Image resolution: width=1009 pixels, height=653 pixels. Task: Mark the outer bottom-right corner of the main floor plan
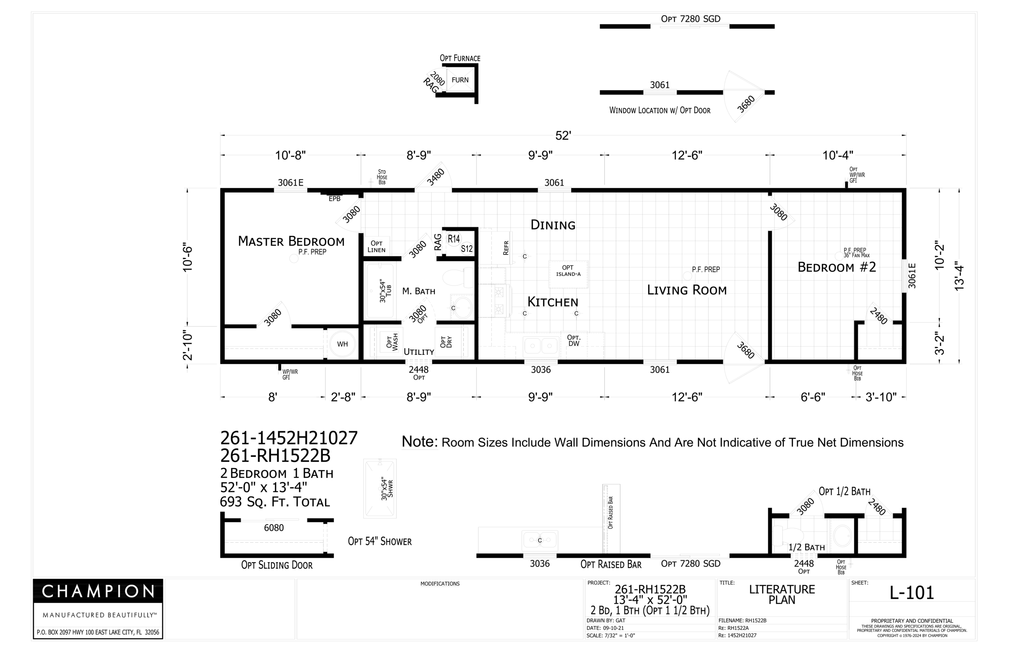pyautogui.click(x=906, y=364)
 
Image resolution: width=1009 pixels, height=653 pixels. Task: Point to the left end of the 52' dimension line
pyautogui.click(x=221, y=136)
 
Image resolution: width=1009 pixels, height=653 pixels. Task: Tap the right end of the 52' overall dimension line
pyautogui.click(x=906, y=136)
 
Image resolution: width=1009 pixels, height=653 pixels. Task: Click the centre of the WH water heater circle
pyautogui.click(x=343, y=344)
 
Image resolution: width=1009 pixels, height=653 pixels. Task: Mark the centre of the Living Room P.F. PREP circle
pyautogui.click(x=687, y=276)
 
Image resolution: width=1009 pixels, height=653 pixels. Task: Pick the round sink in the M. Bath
pyautogui.click(x=461, y=307)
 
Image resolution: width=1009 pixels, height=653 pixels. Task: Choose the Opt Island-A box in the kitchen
pyautogui.click(x=568, y=274)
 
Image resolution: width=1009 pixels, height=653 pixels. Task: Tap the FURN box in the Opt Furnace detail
pyautogui.click(x=460, y=80)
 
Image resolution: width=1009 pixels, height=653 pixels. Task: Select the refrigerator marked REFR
pyautogui.click(x=501, y=248)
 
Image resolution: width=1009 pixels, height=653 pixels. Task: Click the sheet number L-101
pyautogui.click(x=912, y=593)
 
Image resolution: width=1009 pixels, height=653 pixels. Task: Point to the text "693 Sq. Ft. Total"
pyautogui.click(x=275, y=502)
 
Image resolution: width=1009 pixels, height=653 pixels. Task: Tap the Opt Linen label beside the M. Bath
pyautogui.click(x=376, y=246)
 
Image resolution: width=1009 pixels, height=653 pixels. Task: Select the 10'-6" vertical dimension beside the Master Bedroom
pyautogui.click(x=188, y=257)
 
